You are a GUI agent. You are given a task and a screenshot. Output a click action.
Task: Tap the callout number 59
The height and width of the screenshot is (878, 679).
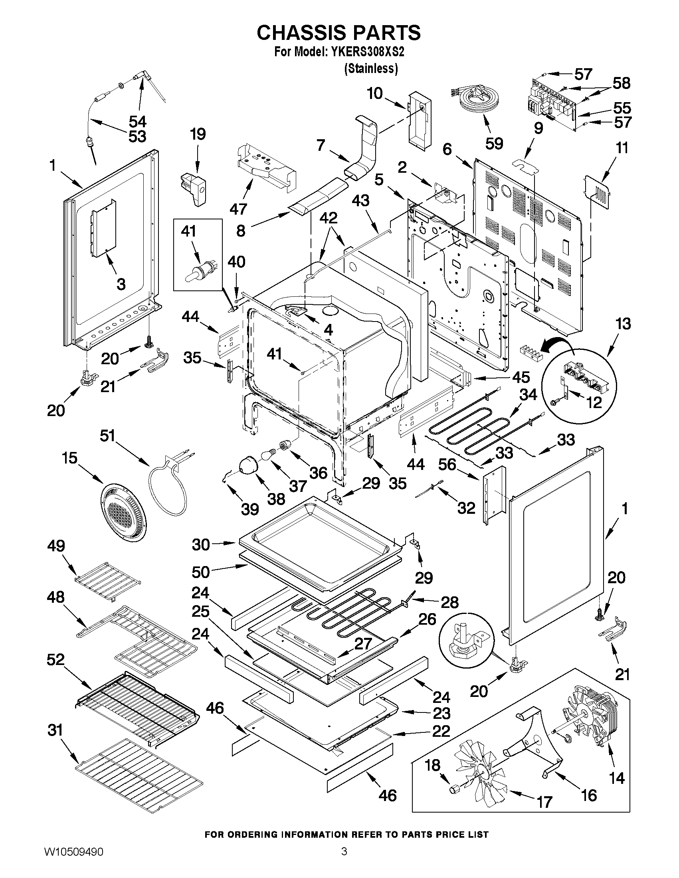[x=494, y=144]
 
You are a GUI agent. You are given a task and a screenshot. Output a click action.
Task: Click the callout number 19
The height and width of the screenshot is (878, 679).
[x=198, y=134]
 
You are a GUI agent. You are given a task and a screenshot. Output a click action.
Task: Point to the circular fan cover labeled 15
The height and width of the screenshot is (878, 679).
[x=123, y=511]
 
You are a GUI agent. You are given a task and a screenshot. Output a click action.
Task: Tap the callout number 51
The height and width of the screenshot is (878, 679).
[x=107, y=436]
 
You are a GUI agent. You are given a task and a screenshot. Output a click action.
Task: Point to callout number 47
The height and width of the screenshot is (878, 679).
[x=238, y=209]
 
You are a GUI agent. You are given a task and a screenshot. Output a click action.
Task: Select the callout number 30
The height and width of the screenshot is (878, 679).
[x=201, y=545]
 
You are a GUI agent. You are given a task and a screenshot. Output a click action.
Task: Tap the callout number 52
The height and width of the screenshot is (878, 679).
[x=55, y=659]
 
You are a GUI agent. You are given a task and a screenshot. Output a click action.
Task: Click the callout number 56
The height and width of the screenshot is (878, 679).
[x=447, y=465]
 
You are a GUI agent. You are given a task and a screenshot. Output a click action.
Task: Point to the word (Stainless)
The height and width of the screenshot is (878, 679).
[x=371, y=69]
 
